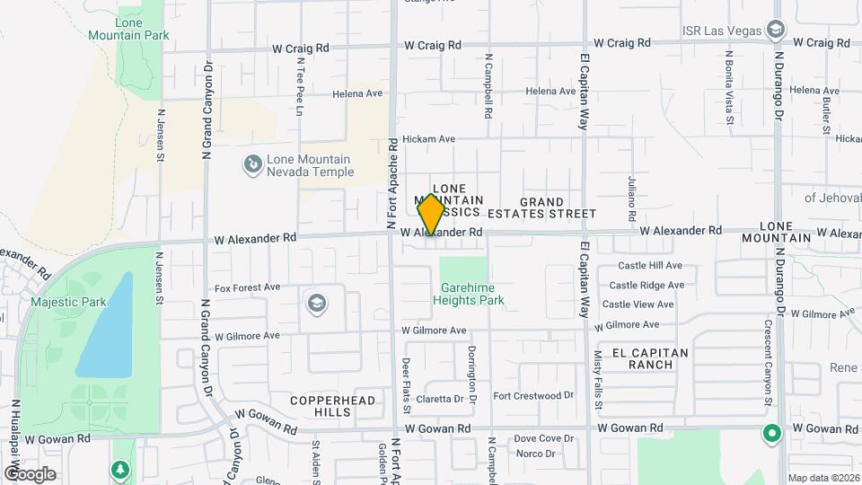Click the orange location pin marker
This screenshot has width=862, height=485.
tap(431, 215)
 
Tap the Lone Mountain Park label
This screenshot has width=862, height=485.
tap(129, 28)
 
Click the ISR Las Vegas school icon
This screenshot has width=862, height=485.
tap(774, 31)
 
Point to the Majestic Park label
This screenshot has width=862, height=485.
tap(68, 302)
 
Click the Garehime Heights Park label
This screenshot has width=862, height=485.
tap(473, 294)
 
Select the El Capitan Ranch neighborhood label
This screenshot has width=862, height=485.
tap(651, 358)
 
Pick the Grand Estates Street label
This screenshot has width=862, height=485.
tap(541, 207)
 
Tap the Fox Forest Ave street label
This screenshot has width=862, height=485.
tap(248, 287)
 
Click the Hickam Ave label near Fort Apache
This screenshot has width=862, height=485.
tap(429, 139)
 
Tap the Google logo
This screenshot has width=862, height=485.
tap(30, 473)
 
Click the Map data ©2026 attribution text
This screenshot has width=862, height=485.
tap(823, 478)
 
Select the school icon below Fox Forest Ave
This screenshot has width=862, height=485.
tap(316, 303)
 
